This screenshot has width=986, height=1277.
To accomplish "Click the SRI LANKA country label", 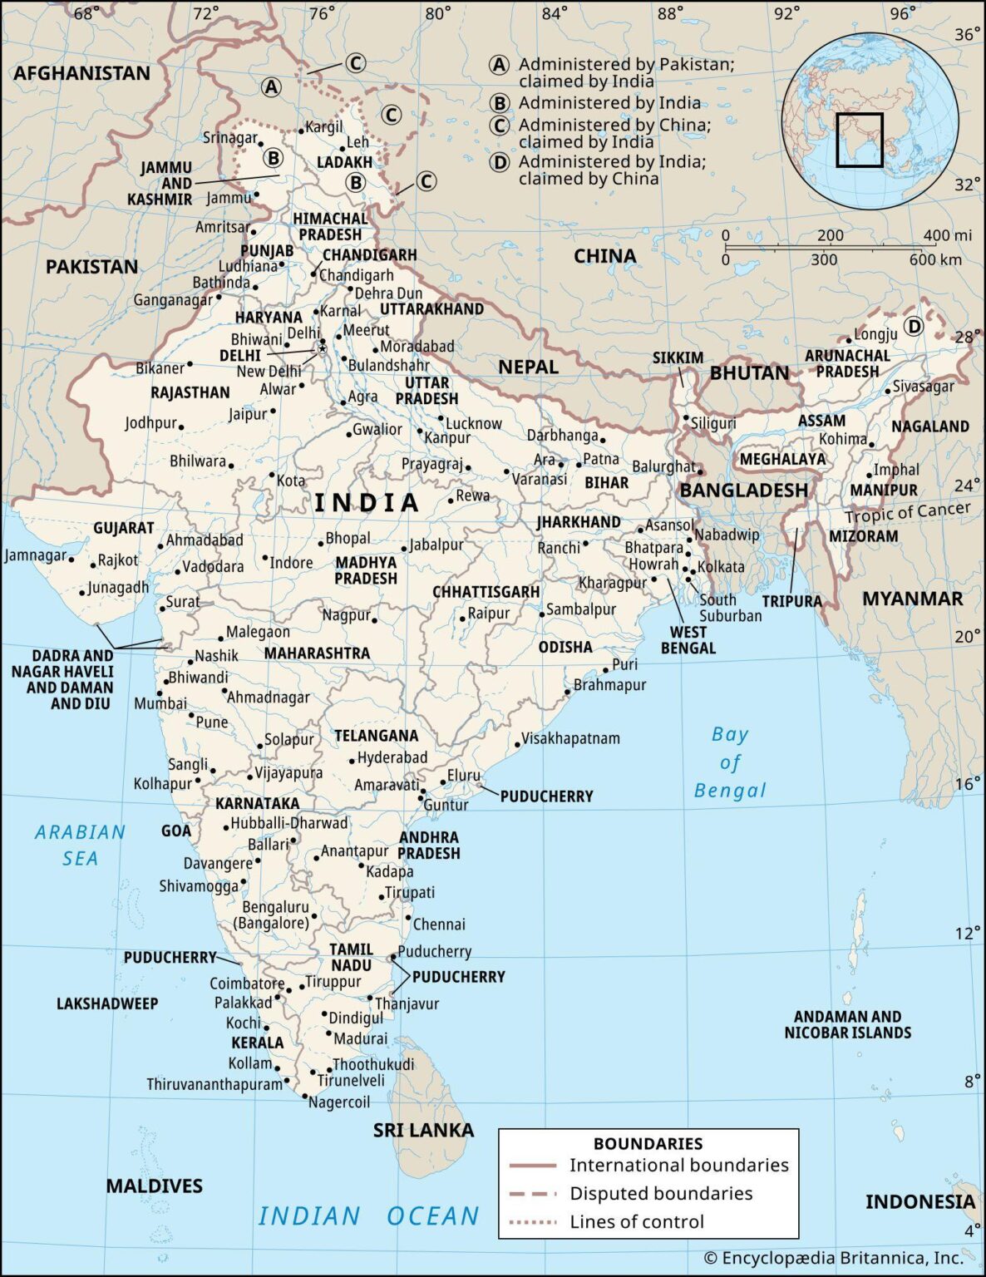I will coord(423,1130).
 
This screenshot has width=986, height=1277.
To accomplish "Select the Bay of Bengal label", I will coord(730,762).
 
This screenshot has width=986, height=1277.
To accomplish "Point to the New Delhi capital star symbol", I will coord(321,349).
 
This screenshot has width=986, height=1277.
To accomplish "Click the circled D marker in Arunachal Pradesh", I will coord(914,327).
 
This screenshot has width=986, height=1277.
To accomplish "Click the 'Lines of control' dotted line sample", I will coord(533,1221).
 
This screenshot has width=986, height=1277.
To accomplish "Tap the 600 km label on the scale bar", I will coord(934,259).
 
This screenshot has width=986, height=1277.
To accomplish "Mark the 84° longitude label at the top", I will coord(555,13).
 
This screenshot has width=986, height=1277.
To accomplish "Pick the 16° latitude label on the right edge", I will coord(967,783).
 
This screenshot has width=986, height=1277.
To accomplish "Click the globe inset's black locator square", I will coord(859,140).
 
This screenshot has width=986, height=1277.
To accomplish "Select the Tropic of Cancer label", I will coord(907,512).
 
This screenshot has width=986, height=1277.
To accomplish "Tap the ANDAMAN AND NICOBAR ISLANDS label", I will coord(847,1024).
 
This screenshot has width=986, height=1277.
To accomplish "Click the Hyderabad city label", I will coord(392,757).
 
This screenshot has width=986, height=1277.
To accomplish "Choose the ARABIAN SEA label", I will coord(80,845).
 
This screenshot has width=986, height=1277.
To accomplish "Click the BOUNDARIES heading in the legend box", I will coord(648,1143).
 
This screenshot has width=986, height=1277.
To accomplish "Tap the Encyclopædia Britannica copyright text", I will coord(833,1258).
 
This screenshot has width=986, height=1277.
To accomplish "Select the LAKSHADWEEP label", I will coord(107,1003).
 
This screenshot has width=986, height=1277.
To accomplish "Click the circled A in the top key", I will coord(498,65).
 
